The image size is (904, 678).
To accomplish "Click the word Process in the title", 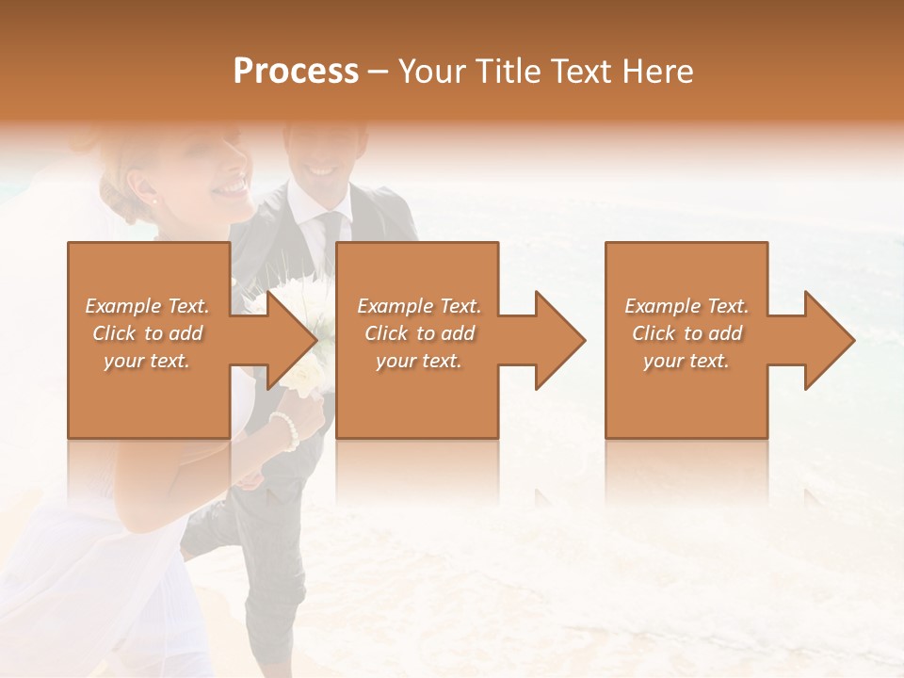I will point(296,72).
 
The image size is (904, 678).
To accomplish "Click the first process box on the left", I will point(148,395).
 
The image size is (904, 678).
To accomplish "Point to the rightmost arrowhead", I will point(828,340).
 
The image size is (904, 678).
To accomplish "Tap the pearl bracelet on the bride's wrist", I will point(284,429).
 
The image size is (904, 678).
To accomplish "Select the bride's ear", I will point(139,184).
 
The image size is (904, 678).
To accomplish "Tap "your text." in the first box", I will point(147,360).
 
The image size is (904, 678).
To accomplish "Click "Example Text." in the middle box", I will point(419,306).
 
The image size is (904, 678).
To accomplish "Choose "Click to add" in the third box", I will point(687,333).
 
